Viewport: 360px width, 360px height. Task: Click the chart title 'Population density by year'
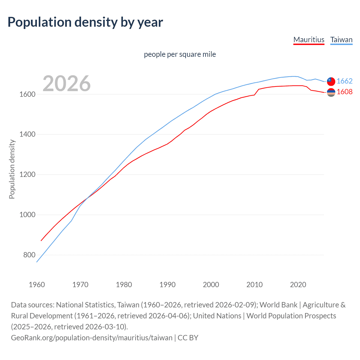[85, 22]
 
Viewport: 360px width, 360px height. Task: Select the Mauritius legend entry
[309, 40]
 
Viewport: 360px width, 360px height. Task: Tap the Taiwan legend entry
[341, 40]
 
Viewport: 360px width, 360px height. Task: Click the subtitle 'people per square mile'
[180, 54]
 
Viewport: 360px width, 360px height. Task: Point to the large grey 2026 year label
[67, 84]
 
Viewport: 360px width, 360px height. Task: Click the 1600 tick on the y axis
[27, 94]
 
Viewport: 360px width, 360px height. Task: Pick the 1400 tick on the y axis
[27, 134]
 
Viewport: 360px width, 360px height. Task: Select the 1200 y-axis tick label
[27, 175]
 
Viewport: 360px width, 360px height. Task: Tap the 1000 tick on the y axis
[27, 215]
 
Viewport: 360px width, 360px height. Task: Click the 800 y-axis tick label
[29, 255]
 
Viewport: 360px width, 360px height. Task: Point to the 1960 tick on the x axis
[37, 285]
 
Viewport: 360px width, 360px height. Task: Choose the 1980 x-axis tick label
[124, 285]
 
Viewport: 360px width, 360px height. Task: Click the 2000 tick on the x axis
[211, 285]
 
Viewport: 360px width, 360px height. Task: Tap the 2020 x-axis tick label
[298, 285]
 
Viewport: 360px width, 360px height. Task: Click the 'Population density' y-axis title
[12, 169]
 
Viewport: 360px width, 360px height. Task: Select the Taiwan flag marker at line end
[331, 81]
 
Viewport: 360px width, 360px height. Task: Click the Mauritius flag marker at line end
[331, 93]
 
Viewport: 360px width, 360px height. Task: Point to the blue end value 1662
[345, 81]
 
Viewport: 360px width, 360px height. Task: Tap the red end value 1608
[345, 92]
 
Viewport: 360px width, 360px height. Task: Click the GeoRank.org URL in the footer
[92, 338]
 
